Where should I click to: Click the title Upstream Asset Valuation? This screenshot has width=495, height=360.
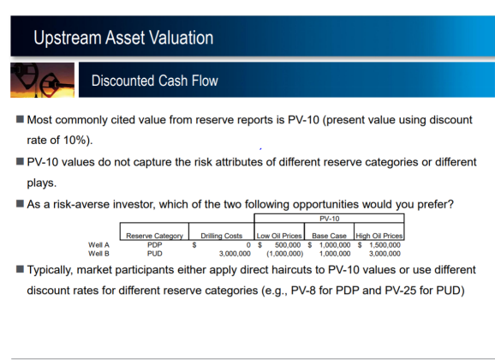[123, 38]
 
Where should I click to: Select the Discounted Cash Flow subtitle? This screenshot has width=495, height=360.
[155, 81]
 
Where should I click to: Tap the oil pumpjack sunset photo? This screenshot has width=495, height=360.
[42, 80]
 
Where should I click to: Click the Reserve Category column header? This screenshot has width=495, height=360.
[154, 236]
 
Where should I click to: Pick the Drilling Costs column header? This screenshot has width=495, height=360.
[222, 236]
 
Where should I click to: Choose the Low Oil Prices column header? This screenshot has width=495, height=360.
[279, 236]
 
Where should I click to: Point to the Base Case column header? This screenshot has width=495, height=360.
[329, 236]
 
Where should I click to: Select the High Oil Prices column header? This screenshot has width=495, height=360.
[379, 236]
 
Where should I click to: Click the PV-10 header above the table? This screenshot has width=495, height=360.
[329, 219]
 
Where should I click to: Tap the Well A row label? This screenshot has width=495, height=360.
[98, 245]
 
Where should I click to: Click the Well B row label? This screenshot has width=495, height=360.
[98, 254]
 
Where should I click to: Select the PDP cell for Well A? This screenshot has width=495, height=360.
[155, 245]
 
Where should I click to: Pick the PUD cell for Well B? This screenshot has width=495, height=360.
[155, 254]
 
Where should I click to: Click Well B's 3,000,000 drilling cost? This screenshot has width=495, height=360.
[235, 254]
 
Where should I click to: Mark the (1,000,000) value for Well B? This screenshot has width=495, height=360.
[284, 254]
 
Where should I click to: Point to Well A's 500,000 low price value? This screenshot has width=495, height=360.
[288, 245]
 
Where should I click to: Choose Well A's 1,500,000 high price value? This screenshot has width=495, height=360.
[385, 245]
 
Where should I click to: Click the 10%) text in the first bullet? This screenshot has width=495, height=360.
[78, 140]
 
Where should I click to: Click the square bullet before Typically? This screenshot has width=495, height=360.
[20, 269]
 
